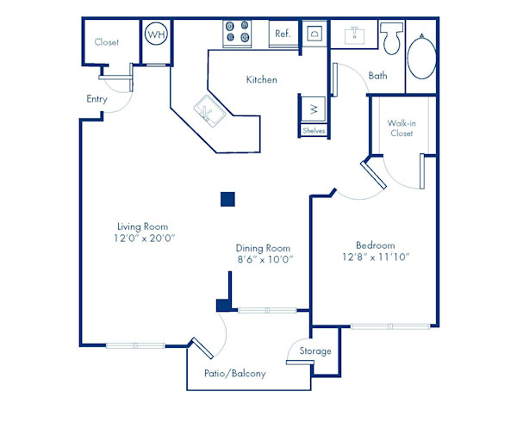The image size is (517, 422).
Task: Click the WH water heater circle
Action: click(x=156, y=34)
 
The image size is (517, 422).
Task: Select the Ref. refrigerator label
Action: click(x=282, y=34)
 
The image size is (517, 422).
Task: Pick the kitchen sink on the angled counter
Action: click(x=209, y=110)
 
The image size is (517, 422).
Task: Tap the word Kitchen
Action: click(x=262, y=79)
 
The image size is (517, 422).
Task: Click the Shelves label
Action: click(x=314, y=131)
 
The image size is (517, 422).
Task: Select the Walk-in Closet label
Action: click(x=402, y=128)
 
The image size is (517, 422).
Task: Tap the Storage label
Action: click(x=315, y=351)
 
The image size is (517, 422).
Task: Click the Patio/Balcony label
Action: click(x=234, y=374)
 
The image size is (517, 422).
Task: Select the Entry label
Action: click(x=97, y=99)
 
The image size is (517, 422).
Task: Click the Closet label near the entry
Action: click(x=107, y=41)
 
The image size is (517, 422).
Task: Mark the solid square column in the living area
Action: click(x=227, y=199)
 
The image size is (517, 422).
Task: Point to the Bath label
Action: click(x=378, y=76)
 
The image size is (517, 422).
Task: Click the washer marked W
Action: click(x=314, y=109)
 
